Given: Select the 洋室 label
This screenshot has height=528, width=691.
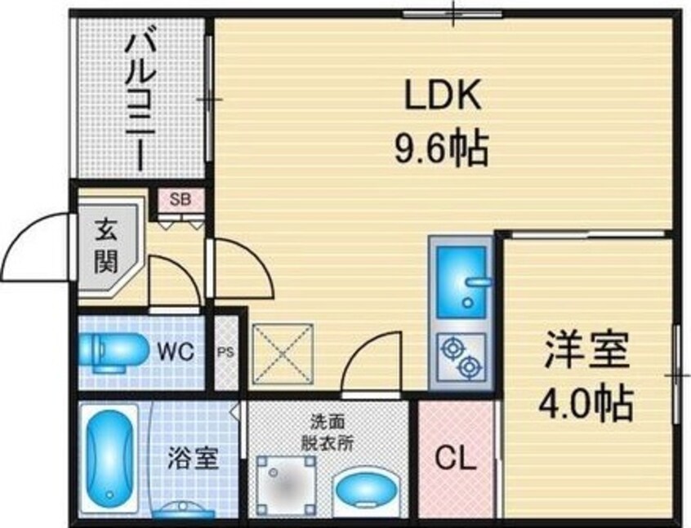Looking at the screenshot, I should pyautogui.click(x=586, y=353).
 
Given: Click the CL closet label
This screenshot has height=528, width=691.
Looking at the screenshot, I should pyautogui.click(x=456, y=461).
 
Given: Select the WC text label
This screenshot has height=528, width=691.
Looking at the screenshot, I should pyautogui.click(x=176, y=352).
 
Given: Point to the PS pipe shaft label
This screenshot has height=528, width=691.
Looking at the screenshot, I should pyautogui.click(x=226, y=353).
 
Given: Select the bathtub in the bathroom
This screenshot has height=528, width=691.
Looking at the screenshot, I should pyautogui.click(x=110, y=461).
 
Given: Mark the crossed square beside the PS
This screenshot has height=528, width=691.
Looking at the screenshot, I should pyautogui.click(x=283, y=353).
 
